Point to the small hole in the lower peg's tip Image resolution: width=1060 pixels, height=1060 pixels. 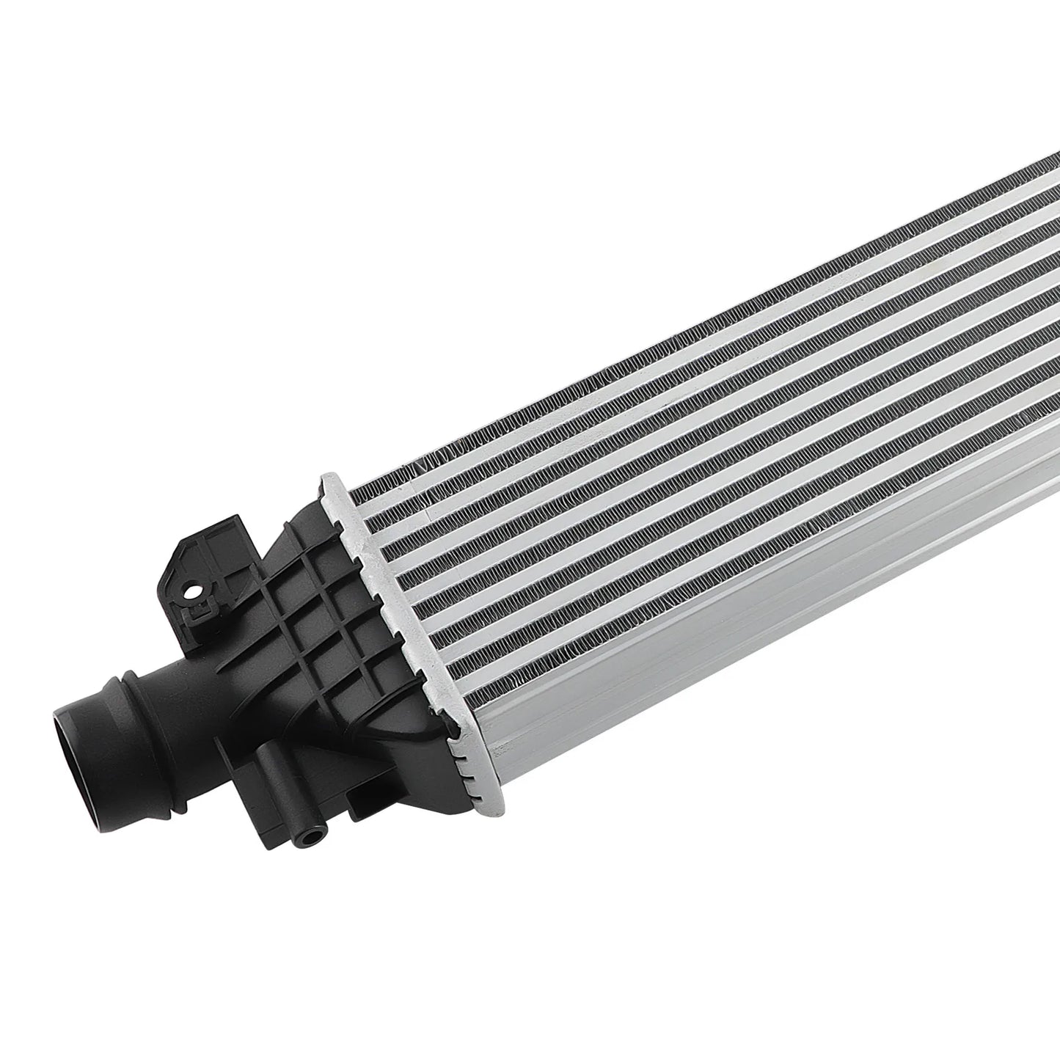coord(312,833)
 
